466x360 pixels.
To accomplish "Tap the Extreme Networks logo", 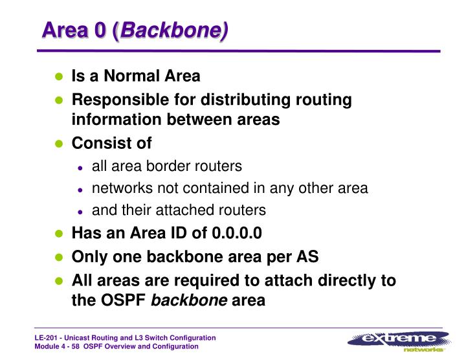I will pos(399,341).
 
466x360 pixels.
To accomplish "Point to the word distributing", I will pos(238,100).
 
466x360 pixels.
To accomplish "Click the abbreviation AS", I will pos(307,256).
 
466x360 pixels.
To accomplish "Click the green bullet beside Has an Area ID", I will pos(58,234).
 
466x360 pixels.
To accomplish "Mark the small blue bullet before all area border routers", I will pos(80,167).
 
